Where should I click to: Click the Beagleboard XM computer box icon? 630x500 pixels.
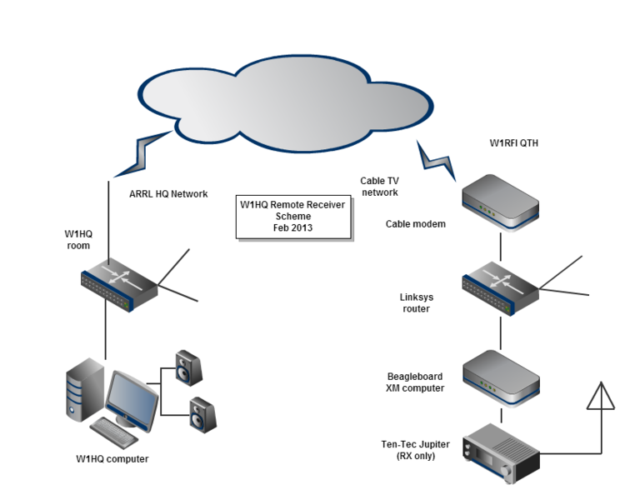[x=501, y=378]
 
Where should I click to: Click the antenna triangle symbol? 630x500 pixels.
[x=601, y=398]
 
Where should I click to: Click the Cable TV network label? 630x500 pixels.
[x=378, y=186]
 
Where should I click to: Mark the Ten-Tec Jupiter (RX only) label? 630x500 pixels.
[x=409, y=450]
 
